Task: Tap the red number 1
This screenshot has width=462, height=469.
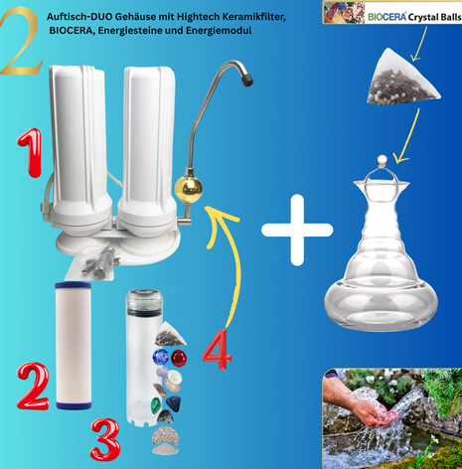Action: click(x=31, y=152)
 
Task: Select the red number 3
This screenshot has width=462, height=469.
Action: click(x=105, y=440)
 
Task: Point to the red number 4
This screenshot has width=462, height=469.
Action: click(x=217, y=350)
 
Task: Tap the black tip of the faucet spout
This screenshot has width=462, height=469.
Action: click(x=247, y=79)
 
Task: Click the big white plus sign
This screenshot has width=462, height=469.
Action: click(x=297, y=231)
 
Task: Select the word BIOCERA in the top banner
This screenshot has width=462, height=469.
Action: click(x=386, y=17)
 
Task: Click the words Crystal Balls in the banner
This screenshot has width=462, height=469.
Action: click(x=434, y=17)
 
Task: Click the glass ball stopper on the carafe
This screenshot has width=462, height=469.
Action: click(x=383, y=161)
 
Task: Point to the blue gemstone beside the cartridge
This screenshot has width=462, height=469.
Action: click(x=161, y=357)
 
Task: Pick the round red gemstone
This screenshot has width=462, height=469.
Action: click(x=179, y=359)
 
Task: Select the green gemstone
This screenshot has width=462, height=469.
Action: click(x=156, y=405)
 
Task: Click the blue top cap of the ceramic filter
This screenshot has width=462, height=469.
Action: click(x=73, y=285)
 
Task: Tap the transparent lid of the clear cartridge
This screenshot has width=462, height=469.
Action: click(x=145, y=301)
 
